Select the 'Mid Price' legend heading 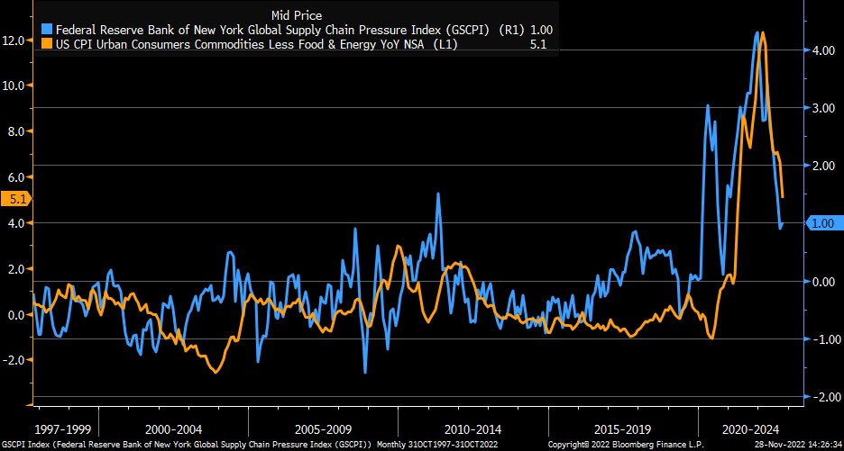[x=297, y=14]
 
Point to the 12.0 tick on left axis [x=15, y=41]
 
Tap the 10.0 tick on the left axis [x=15, y=86]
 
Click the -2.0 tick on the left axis [x=15, y=360]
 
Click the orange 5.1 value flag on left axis [x=15, y=199]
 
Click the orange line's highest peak [x=763, y=33]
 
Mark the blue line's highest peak [x=757, y=32]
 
